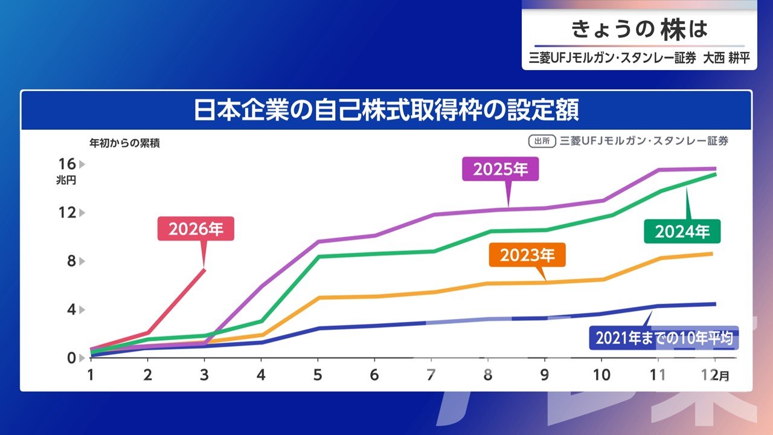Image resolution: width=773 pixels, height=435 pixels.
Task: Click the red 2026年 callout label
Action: [x=196, y=229]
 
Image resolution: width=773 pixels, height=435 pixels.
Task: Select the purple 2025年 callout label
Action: [x=500, y=170]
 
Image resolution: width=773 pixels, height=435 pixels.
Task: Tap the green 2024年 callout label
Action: [x=682, y=231]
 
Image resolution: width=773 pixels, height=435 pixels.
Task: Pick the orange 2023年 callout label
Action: [x=527, y=256]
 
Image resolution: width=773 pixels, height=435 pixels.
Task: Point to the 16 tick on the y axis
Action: [x=67, y=164]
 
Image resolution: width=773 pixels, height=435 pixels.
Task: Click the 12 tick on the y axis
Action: [x=67, y=213]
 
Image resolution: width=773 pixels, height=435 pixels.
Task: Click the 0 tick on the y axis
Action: [x=71, y=358]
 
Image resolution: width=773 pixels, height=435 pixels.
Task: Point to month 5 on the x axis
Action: [x=318, y=375]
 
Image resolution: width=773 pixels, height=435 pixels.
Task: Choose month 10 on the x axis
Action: [x=601, y=375]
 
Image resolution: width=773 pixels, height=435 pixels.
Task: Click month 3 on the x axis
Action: [x=204, y=375]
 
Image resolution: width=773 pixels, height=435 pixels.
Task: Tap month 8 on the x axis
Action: [x=488, y=375]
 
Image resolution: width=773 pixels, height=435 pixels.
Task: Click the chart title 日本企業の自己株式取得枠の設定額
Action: [x=386, y=111]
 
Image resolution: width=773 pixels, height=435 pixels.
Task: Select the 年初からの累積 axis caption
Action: [x=124, y=144]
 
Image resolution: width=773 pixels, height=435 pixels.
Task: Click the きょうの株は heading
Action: [x=640, y=28]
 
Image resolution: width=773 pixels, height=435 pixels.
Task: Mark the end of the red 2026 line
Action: [x=205, y=269]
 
